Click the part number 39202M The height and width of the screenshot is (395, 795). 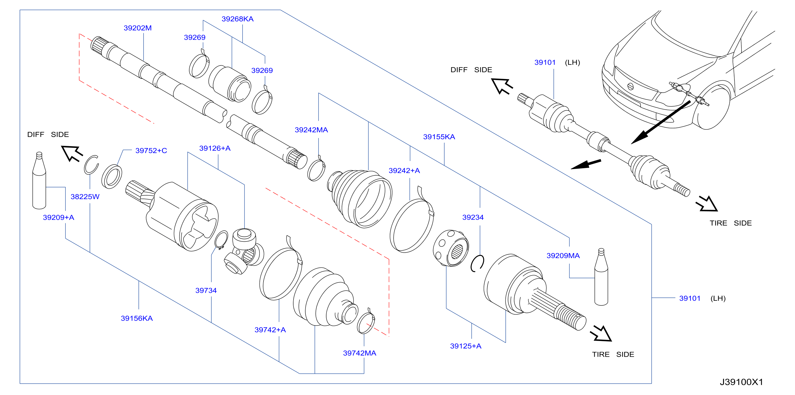[x=138, y=28]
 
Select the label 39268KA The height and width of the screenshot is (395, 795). [x=237, y=19]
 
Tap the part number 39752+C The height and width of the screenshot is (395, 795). [x=151, y=150]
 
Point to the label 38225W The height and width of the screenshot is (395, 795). [x=85, y=196]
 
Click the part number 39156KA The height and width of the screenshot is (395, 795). [x=137, y=318]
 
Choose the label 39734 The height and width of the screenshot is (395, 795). [x=206, y=290]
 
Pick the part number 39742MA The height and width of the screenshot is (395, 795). [x=359, y=353]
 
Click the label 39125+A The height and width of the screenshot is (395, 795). [x=466, y=346]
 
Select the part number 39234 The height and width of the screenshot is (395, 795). [x=473, y=217]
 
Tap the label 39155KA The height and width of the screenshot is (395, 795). [x=439, y=137]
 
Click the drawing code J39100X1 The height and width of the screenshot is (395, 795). [x=741, y=382]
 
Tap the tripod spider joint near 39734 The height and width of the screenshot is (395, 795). [x=244, y=251]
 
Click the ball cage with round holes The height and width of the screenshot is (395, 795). [x=451, y=248]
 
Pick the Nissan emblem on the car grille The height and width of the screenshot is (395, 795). [x=630, y=87]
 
